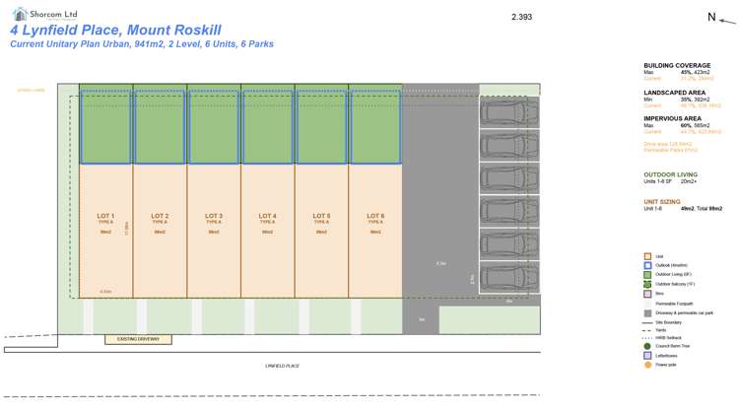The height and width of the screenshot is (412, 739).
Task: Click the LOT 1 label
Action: point(105,216)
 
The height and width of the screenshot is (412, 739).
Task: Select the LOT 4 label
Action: point(267,216)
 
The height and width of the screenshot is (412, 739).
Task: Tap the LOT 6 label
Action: point(375,216)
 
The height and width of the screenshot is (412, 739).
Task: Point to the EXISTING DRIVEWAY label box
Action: point(138,339)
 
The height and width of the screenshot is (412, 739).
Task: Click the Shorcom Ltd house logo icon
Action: point(20,14)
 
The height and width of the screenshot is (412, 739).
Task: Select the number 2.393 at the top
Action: point(521,17)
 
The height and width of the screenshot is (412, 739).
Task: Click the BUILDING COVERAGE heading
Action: point(678,64)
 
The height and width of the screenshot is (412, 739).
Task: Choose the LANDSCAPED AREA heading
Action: point(675,92)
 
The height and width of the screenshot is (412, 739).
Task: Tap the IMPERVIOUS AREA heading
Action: point(674,118)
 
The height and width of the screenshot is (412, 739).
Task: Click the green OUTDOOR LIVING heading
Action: point(671,174)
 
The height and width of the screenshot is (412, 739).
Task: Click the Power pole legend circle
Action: point(646,365)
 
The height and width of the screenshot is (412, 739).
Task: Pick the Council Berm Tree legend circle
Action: point(646,346)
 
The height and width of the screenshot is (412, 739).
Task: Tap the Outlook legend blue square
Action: point(646,265)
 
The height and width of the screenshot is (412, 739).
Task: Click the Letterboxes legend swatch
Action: point(646,356)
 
